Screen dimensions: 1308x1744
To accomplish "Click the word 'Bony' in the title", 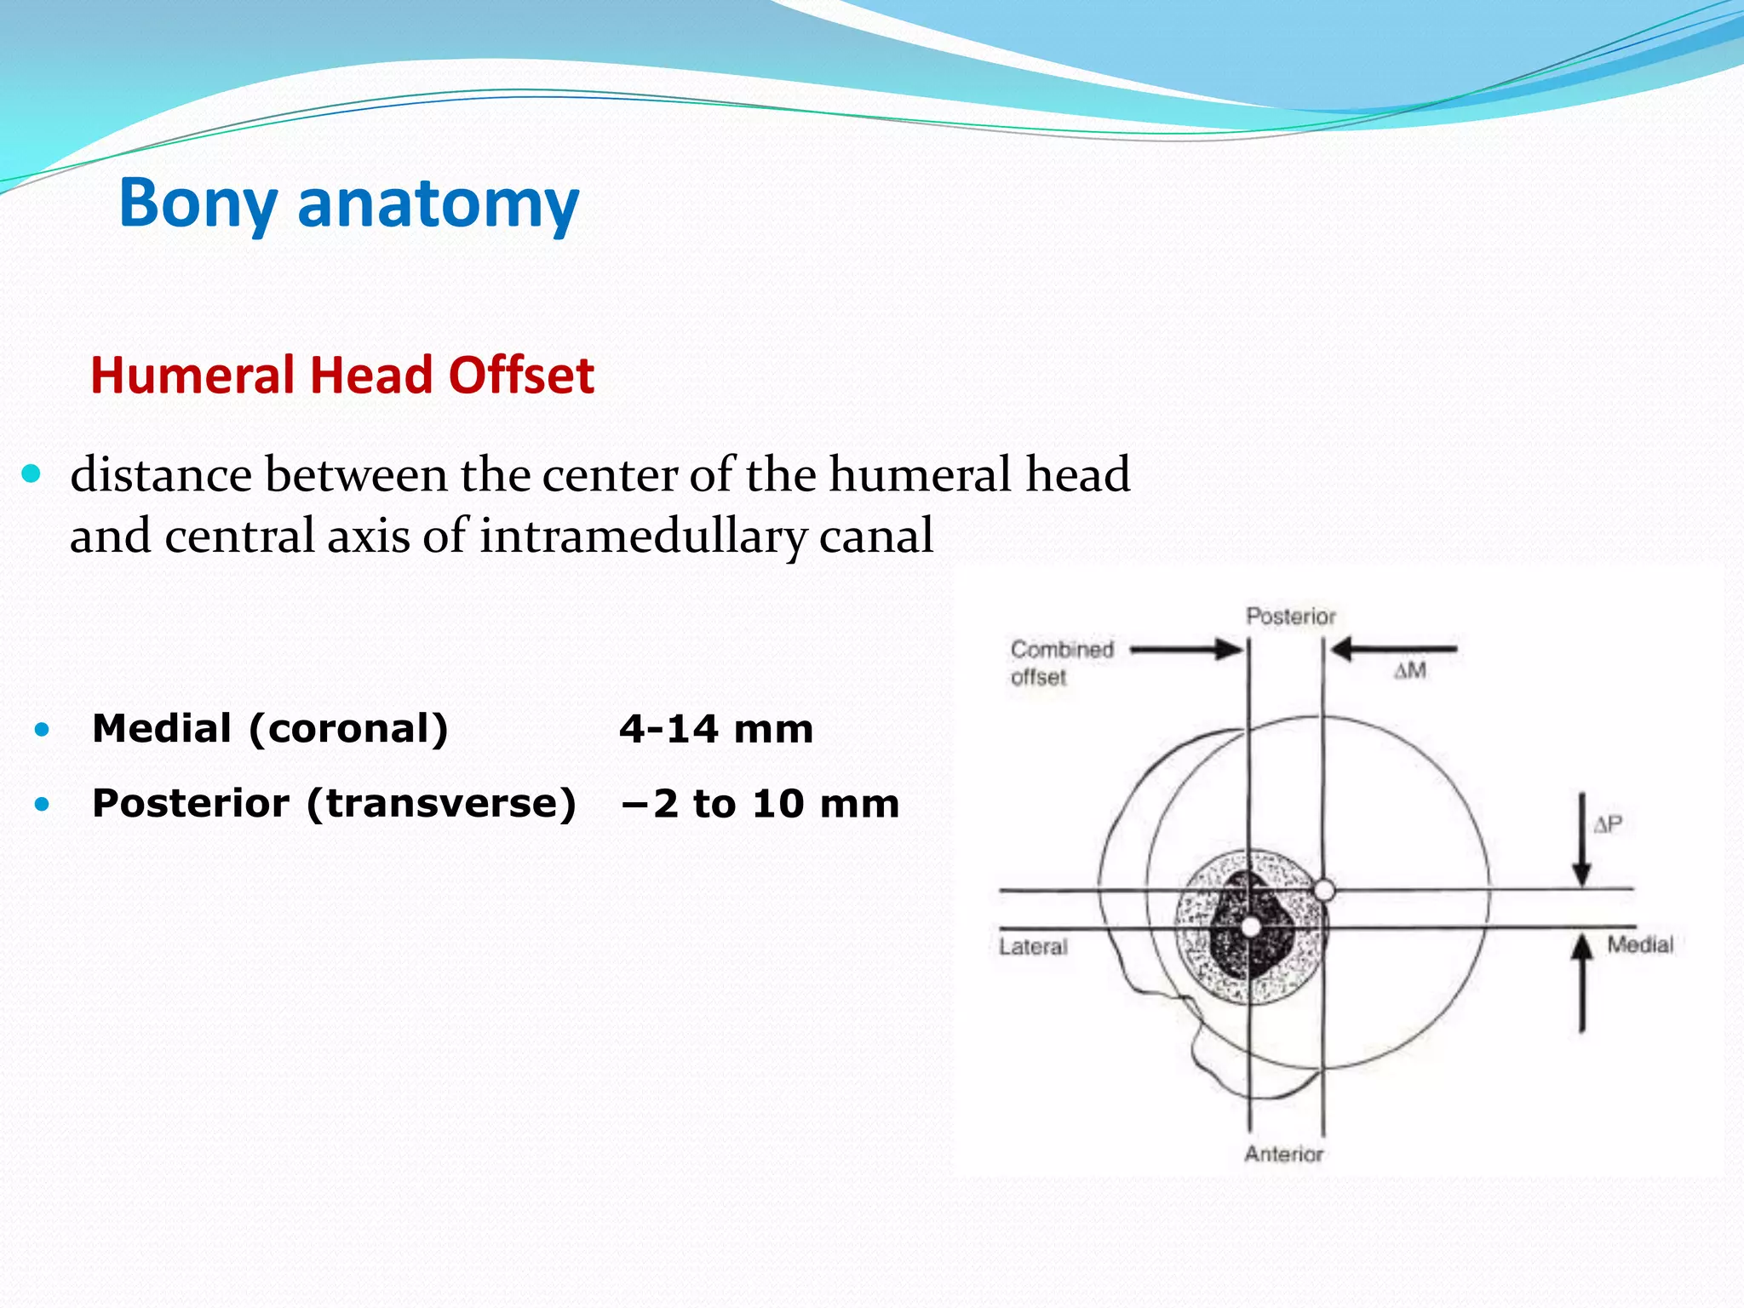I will (x=198, y=204).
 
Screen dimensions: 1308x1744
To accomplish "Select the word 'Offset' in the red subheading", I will (x=521, y=376).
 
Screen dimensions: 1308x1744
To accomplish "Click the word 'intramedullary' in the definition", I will (x=643, y=536).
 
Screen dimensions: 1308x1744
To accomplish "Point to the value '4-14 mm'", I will (x=715, y=730).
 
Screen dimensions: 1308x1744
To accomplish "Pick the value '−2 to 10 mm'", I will (x=760, y=804).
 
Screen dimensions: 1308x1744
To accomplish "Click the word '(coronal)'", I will (x=348, y=729).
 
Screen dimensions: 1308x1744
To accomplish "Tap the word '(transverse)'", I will (x=441, y=804).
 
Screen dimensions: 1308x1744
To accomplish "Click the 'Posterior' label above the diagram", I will (x=1290, y=617).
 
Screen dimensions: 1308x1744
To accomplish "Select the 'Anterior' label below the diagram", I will (x=1283, y=1154).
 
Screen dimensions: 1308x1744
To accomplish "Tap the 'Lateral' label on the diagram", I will (x=1032, y=947).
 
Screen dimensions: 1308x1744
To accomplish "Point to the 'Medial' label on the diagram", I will (x=1639, y=944).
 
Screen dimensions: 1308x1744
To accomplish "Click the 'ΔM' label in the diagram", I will (x=1410, y=671).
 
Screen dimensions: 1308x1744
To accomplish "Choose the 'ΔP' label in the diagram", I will (x=1608, y=824).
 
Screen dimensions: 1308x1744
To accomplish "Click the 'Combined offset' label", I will (x=1061, y=663).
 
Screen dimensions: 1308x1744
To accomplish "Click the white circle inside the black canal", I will (x=1250, y=926).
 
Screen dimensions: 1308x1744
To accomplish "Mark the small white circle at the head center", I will (x=1324, y=891).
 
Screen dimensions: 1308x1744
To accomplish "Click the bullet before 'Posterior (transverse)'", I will (x=42, y=804).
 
